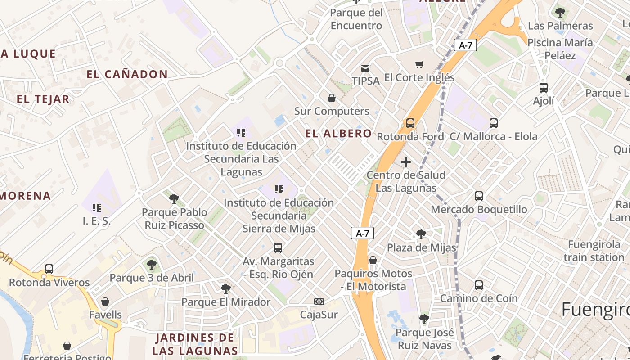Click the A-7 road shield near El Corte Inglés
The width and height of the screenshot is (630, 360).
[465, 45]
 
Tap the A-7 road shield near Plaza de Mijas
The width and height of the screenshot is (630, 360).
[362, 233]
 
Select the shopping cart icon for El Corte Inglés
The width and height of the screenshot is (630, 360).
[419, 65]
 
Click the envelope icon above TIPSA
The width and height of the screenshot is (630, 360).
[365, 68]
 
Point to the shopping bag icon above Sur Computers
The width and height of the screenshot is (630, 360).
[332, 98]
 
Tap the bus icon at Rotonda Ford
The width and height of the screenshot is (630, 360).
[410, 123]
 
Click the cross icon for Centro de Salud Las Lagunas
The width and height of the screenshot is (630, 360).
[406, 162]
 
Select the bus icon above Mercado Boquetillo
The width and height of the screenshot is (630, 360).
[479, 196]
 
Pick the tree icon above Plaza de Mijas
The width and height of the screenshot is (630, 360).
[421, 234]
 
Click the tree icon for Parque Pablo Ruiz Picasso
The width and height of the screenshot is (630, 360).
[174, 199]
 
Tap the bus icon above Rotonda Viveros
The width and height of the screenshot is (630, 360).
[49, 269]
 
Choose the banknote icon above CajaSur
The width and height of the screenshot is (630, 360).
[319, 301]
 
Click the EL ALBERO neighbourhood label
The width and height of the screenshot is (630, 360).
[338, 134]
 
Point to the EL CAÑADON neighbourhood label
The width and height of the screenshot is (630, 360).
[127, 74]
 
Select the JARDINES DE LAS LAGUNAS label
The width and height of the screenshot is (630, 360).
[195, 344]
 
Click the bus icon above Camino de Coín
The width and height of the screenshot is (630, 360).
[479, 285]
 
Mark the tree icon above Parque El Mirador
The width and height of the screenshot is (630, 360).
[225, 288]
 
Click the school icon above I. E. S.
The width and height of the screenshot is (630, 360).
[97, 208]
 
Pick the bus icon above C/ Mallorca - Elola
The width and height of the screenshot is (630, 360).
[494, 123]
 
